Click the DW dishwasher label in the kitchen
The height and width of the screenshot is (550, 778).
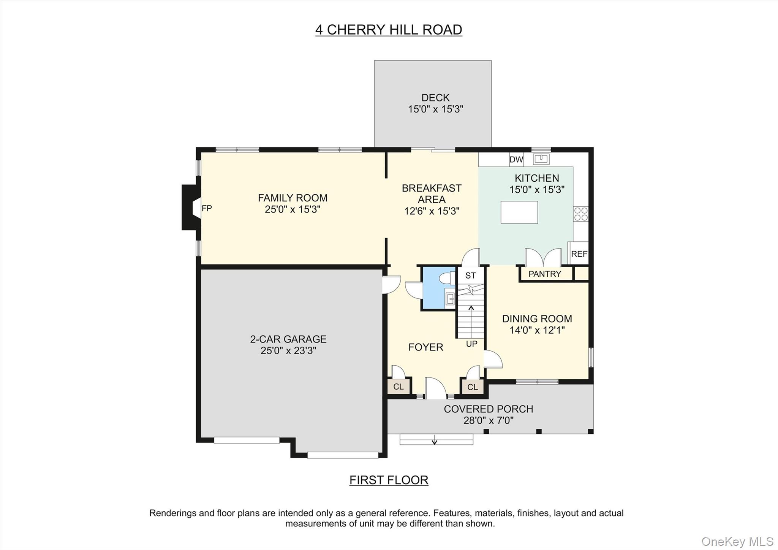[516, 160]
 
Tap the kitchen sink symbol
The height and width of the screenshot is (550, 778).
[541, 159]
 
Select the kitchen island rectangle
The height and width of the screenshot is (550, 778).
[519, 212]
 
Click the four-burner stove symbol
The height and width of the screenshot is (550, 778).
[580, 214]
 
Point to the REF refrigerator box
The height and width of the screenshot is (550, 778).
[579, 254]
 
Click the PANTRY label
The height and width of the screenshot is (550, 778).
[544, 274]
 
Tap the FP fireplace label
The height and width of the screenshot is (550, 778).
[207, 208]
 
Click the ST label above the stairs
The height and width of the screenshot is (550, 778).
[470, 276]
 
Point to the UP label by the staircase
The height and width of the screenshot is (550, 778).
[471, 344]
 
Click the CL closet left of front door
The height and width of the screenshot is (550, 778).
[398, 387]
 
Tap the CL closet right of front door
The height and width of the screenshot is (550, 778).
[472, 387]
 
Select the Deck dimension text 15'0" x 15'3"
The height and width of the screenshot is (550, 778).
[435, 109]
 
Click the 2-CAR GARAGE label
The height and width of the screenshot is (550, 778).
[288, 339]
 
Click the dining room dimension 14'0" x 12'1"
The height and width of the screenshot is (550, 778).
[537, 330]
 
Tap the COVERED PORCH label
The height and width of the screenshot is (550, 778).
[488, 409]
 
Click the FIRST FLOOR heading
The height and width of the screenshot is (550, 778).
[389, 480]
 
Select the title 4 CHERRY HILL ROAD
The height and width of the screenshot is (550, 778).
[389, 30]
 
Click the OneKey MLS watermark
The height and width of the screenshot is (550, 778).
[737, 541]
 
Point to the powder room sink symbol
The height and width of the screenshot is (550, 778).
[450, 299]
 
